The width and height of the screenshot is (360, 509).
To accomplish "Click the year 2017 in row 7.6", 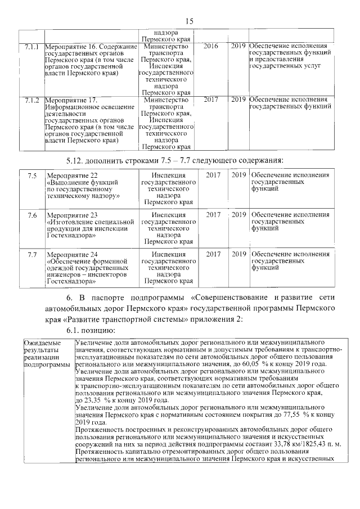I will (213, 215).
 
